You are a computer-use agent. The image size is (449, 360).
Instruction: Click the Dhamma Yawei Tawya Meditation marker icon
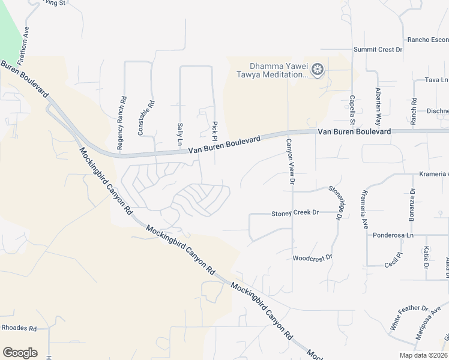pos(318,70)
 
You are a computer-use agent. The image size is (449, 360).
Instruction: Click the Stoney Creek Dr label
pos(295,213)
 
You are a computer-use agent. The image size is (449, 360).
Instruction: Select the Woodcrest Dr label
pos(312,257)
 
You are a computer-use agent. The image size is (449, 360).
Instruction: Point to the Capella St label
pos(352,107)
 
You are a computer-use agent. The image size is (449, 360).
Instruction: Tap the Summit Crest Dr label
pos(378,50)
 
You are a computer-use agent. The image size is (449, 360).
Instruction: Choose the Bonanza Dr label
pos(412,205)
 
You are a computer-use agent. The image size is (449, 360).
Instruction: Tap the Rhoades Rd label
pos(19,328)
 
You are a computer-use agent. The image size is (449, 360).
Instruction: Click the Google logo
pos(20,353)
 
